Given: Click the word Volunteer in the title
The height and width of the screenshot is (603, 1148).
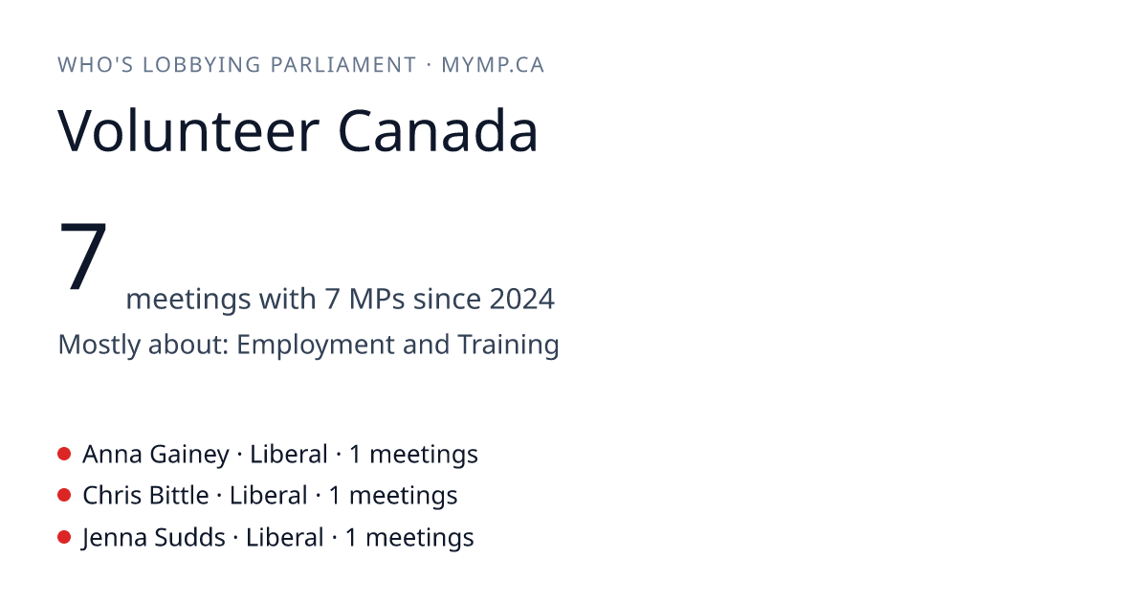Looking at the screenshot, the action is coord(188,130).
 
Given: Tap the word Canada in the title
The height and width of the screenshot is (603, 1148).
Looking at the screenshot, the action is coord(438,130).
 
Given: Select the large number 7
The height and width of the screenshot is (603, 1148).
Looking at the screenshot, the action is coord(83,255).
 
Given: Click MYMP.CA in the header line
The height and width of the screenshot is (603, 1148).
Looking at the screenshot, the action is coord(493,65).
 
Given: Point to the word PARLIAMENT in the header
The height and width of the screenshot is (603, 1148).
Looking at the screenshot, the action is coord(343,65).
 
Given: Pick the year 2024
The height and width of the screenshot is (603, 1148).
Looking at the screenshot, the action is coord(521,299).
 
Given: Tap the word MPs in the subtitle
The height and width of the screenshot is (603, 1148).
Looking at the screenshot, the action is coord(377,299).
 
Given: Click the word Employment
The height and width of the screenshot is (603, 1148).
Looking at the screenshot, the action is coord(315,345).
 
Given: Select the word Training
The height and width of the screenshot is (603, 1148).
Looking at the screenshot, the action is coord(508,344).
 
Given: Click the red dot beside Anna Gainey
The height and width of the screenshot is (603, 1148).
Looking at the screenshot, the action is coord(64,454).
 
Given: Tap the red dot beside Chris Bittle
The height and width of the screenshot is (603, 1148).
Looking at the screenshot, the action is coord(64,496).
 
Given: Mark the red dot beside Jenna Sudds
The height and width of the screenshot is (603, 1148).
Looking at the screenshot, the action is coord(64,537).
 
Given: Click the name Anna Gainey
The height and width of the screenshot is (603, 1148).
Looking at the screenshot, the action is coord(156,455).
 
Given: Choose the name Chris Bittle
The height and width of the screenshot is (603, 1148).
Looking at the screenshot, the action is coord(145,496).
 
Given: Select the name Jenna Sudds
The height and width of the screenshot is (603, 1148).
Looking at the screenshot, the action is coord(153,538).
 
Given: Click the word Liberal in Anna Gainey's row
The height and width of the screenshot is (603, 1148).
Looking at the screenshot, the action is coord(289,454).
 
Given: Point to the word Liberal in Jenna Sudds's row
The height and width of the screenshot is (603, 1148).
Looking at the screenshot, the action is coord(284,537).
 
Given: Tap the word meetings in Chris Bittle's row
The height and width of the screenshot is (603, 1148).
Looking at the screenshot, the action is coord(403,497).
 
